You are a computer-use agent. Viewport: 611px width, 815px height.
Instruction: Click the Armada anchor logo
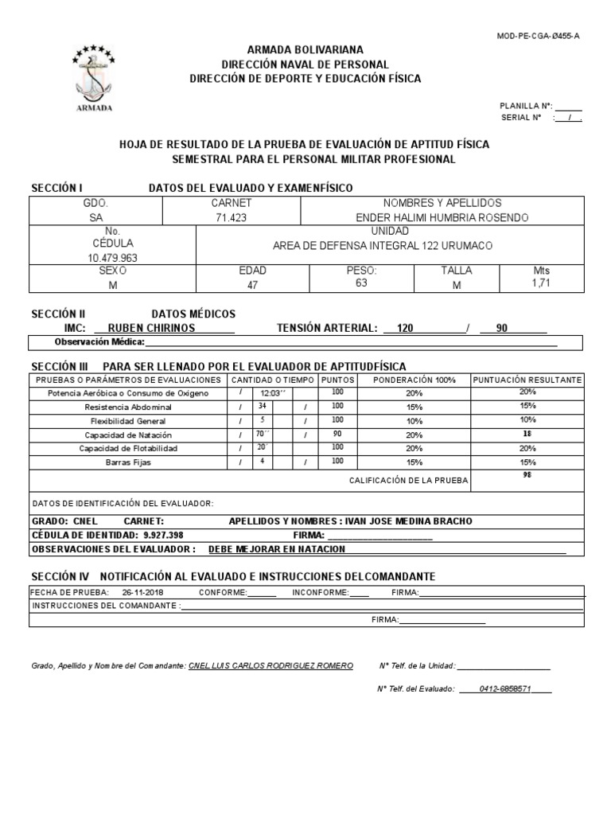tap(95, 76)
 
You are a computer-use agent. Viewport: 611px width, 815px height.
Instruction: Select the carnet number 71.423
tap(231, 218)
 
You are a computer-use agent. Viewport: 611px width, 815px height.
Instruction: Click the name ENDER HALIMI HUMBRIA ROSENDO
tap(442, 218)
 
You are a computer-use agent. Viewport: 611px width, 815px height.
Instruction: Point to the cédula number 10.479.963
tap(111, 258)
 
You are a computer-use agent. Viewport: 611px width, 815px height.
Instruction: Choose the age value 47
tap(252, 284)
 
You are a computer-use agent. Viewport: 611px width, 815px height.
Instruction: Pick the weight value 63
tap(361, 283)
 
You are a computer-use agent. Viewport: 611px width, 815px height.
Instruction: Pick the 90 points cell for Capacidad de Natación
tap(337, 435)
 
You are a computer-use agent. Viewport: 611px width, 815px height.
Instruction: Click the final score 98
tap(527, 475)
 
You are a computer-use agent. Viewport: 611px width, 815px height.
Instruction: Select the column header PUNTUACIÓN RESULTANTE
tap(527, 380)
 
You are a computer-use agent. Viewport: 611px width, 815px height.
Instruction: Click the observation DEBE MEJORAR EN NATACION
tap(276, 549)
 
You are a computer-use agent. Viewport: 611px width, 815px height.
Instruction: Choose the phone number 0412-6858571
tap(505, 689)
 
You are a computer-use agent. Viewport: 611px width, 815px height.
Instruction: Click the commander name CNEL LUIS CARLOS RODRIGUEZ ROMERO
tap(270, 665)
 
